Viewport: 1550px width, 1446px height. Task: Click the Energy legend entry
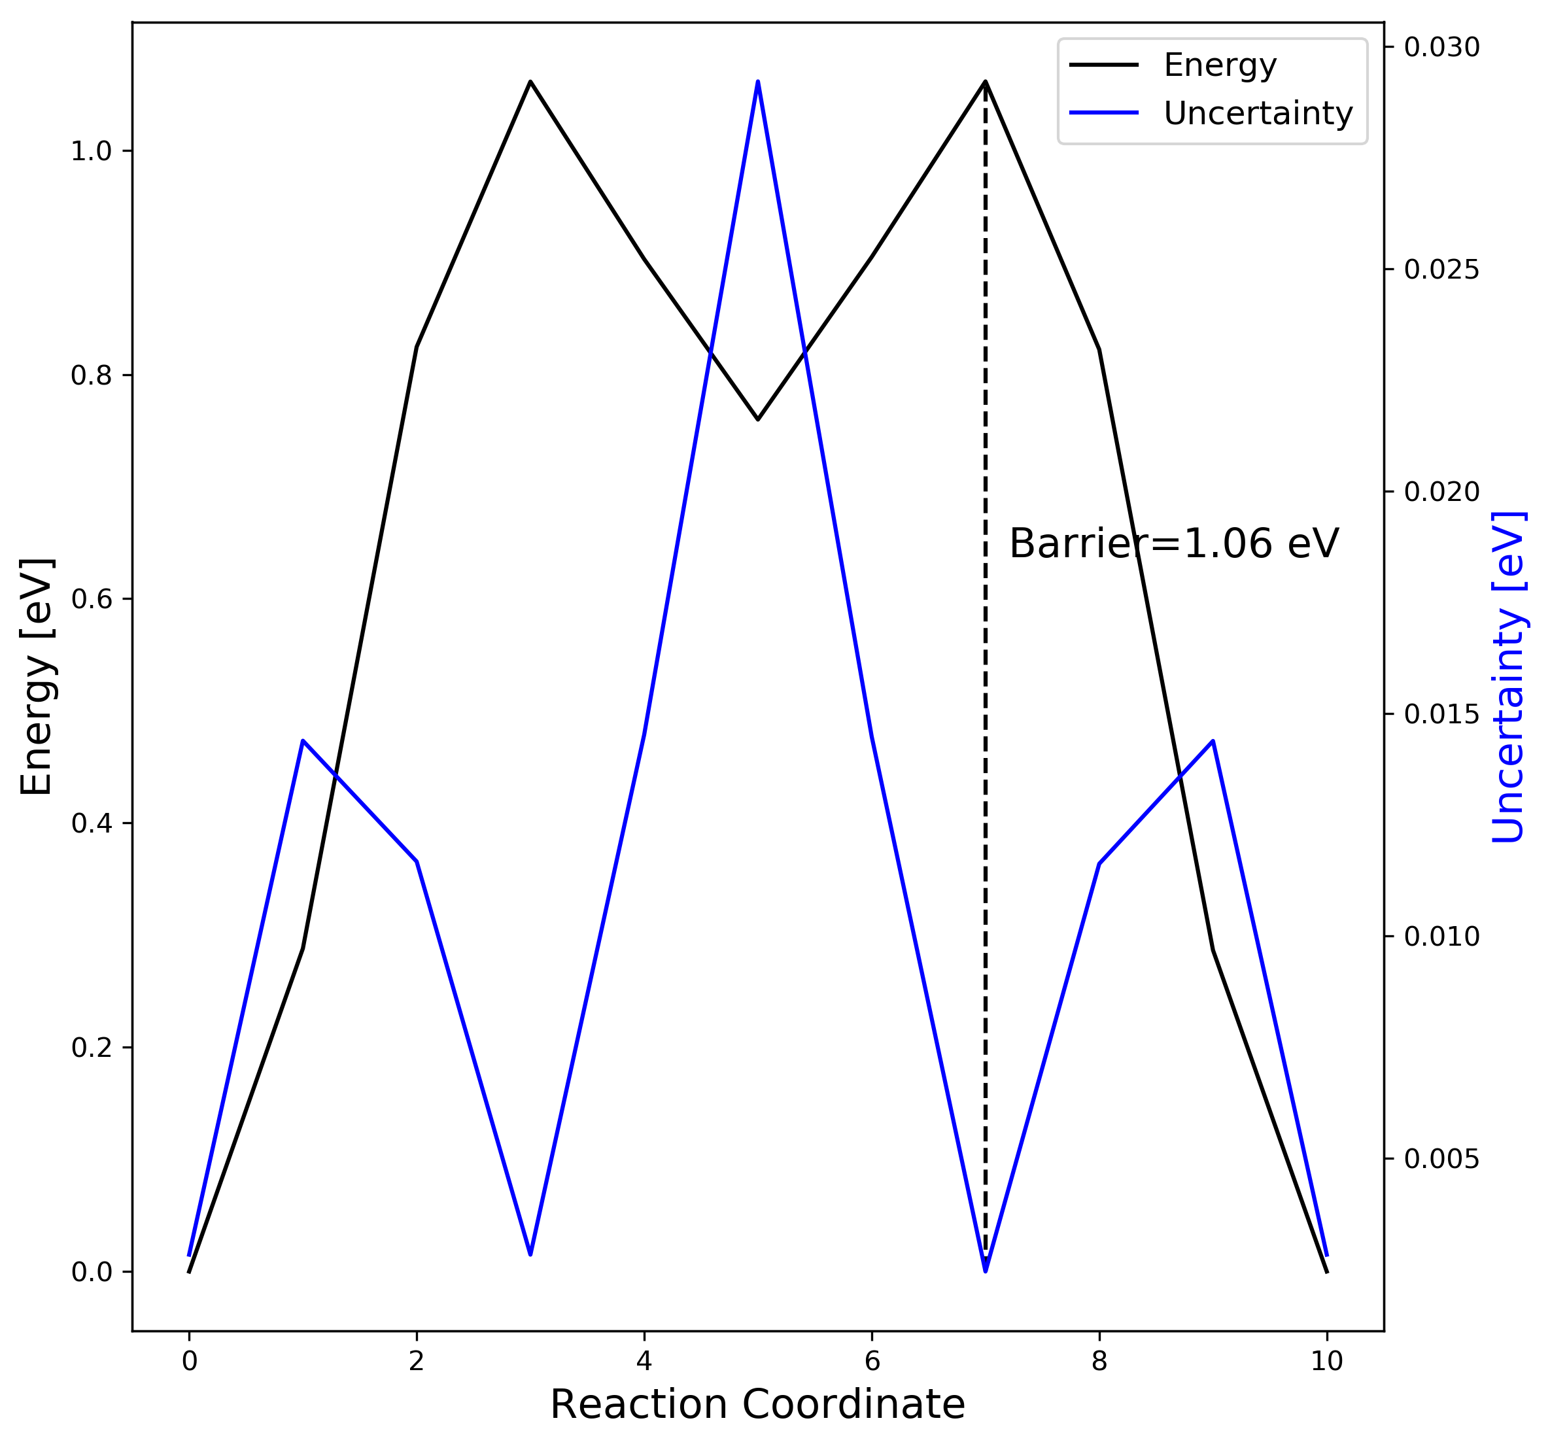[1218, 65]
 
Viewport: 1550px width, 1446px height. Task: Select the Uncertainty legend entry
[1257, 114]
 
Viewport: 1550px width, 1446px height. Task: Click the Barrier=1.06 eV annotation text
[1173, 543]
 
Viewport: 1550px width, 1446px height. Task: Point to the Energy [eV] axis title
[36, 677]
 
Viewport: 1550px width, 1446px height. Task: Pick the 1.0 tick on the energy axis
[92, 151]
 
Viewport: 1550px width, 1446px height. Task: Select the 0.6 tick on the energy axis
[92, 600]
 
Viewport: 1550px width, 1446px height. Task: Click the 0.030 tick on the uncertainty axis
[1441, 48]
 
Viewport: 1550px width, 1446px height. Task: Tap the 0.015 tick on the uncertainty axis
[1441, 714]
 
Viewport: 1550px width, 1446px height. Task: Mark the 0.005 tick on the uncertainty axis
[1441, 1159]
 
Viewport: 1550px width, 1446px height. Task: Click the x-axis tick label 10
[1326, 1339]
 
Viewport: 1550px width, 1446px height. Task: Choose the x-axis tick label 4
[644, 1339]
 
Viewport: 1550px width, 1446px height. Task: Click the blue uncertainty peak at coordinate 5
[757, 82]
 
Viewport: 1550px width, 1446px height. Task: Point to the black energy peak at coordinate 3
[530, 82]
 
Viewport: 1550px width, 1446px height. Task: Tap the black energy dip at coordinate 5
[757, 419]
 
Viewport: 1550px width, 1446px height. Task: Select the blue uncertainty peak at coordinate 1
[303, 740]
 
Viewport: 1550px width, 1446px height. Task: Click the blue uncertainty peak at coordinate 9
[1213, 740]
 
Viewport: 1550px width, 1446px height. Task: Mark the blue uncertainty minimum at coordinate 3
[530, 1254]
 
